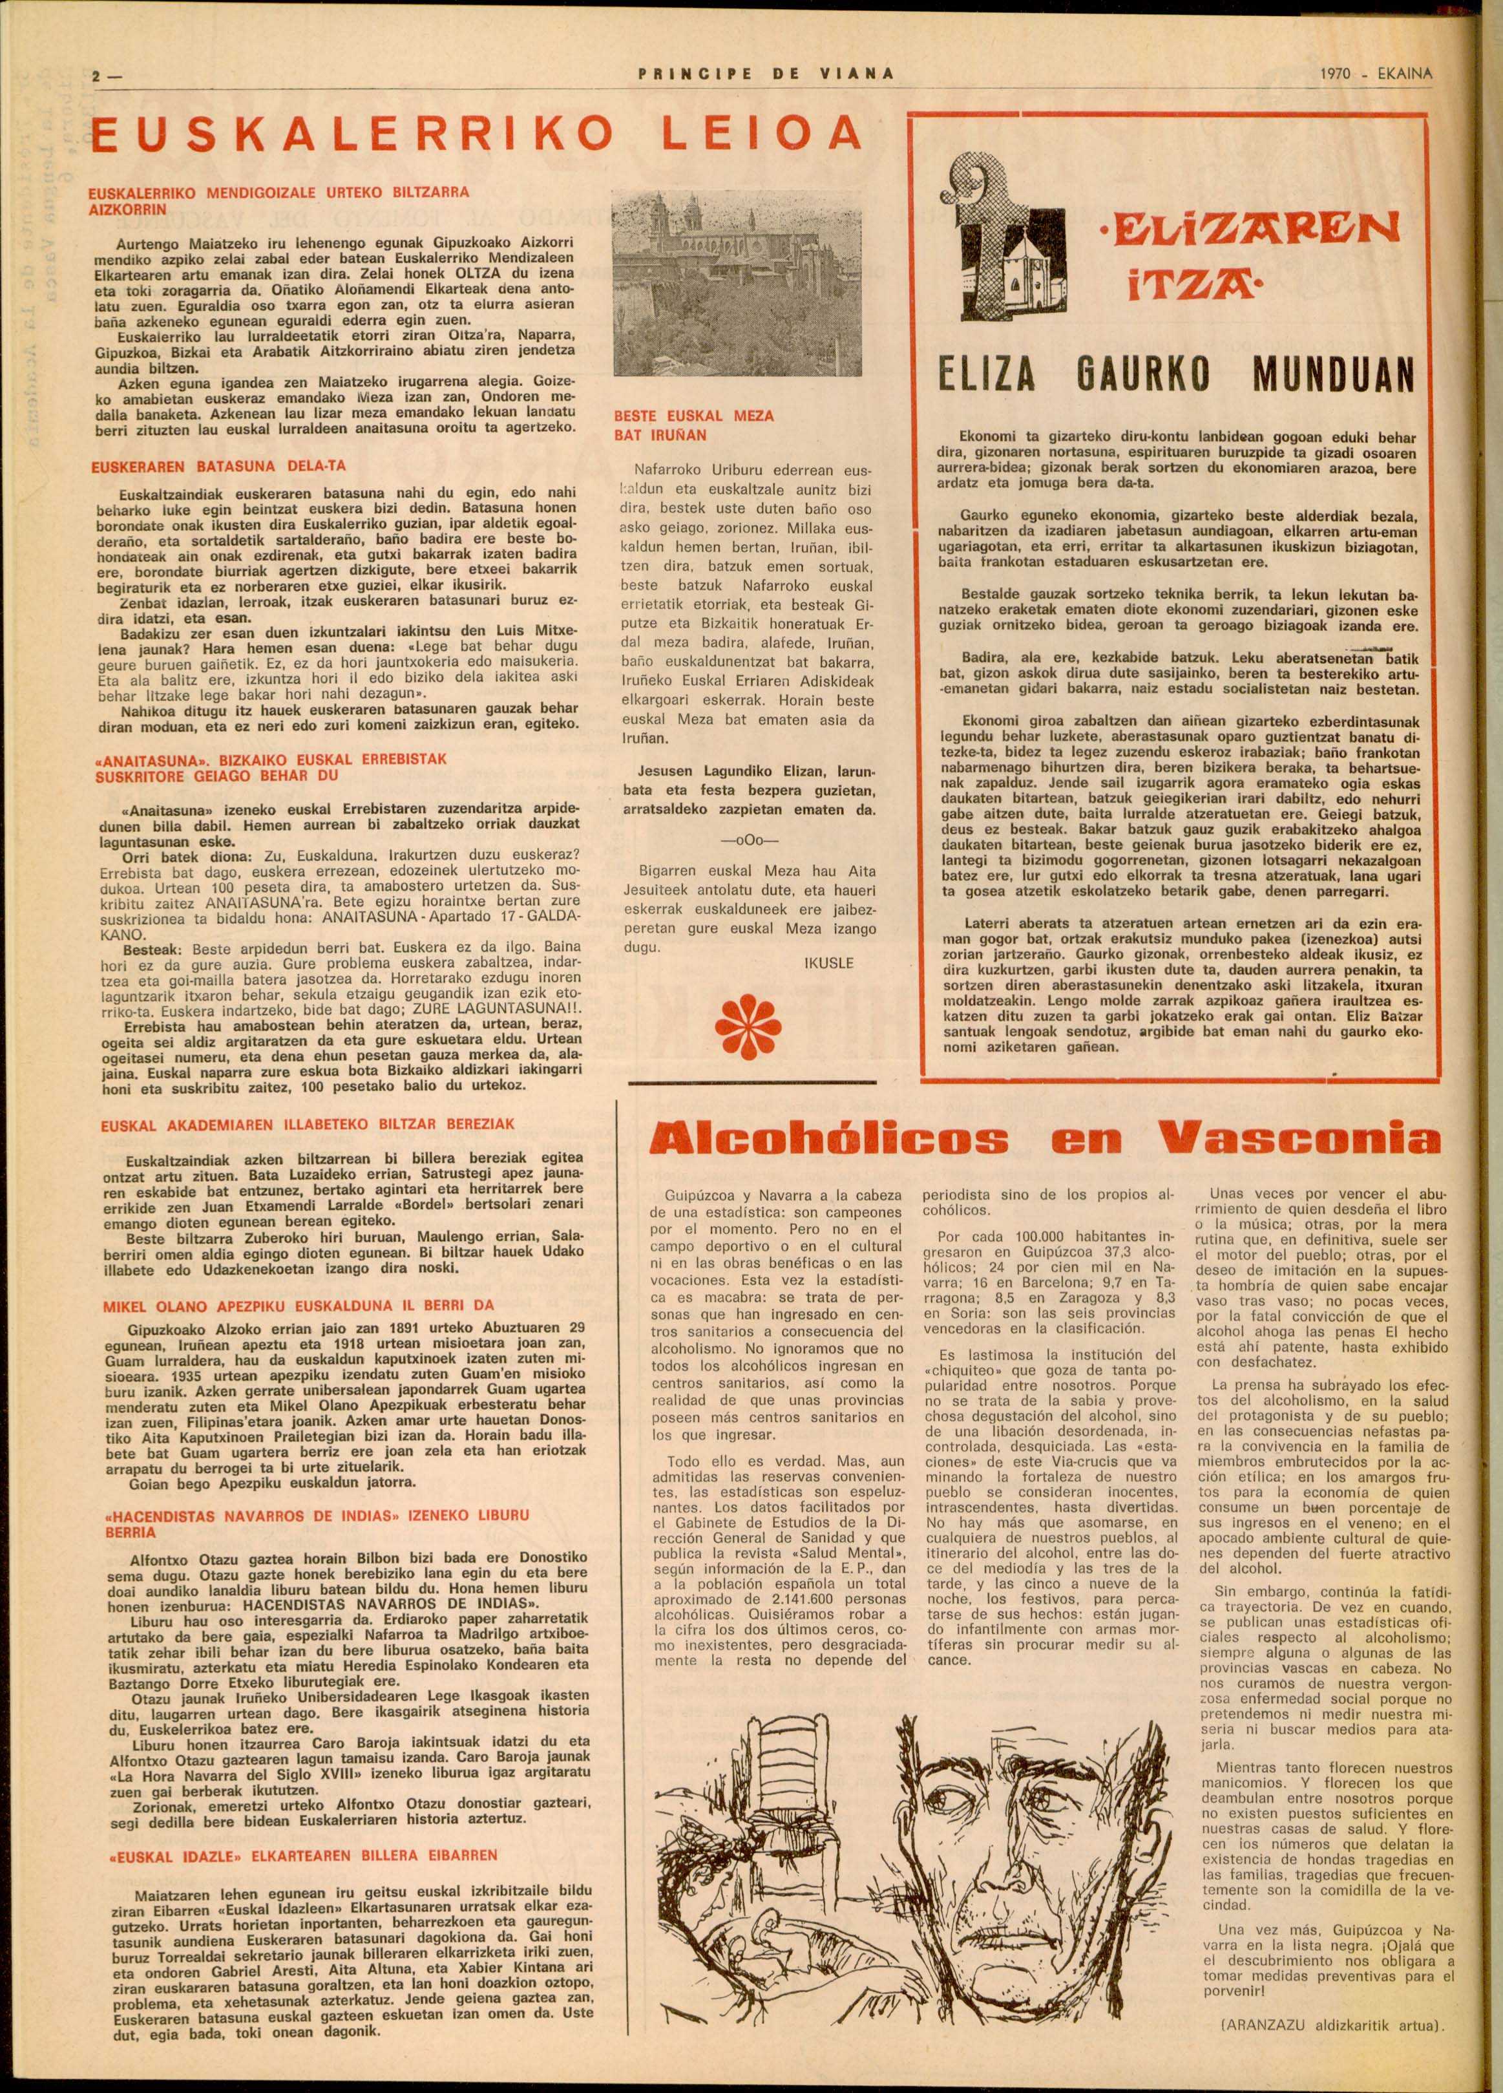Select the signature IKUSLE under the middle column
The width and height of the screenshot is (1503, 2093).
(828, 962)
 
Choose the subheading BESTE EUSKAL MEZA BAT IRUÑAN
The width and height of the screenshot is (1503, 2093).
(694, 425)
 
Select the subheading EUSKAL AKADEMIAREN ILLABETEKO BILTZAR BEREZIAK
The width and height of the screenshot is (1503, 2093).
(308, 1124)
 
